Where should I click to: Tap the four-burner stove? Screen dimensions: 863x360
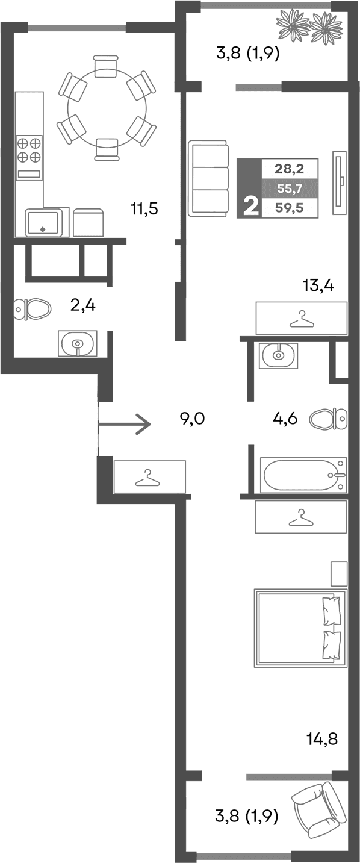click(x=29, y=149)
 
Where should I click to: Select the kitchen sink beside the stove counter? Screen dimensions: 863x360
click(x=43, y=222)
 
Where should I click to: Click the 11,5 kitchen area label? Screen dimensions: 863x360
click(x=144, y=210)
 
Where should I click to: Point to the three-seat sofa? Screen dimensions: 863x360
click(x=208, y=178)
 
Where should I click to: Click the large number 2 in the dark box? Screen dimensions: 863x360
click(x=250, y=207)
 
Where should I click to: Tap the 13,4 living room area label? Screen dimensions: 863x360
click(x=318, y=284)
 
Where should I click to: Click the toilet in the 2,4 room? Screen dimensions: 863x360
click(x=33, y=310)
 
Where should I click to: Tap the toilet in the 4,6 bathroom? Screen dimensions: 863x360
click(x=329, y=417)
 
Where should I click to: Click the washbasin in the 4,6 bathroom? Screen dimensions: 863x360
click(x=279, y=355)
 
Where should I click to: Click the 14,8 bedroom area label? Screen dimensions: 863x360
click(x=322, y=738)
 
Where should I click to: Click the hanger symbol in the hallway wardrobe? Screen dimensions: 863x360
click(x=148, y=478)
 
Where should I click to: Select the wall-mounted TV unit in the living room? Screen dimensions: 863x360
click(x=340, y=181)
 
